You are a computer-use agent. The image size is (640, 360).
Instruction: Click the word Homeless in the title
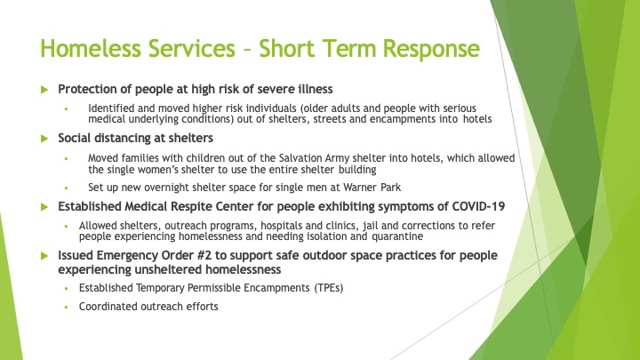coord(91,48)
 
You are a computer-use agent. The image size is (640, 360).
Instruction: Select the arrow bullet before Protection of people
coord(44,90)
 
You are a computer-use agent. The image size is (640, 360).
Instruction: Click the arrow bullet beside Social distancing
coord(44,139)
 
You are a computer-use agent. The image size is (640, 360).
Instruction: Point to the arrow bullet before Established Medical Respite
coord(44,207)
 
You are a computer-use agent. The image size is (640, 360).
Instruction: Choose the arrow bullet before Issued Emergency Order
coord(44,256)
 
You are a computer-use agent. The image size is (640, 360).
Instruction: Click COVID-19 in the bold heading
coord(478,206)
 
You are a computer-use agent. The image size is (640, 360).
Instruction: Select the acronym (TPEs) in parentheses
coord(329,288)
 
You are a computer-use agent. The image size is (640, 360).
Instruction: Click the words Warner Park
coord(372,188)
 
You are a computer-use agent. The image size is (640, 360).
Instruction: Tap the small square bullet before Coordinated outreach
coord(66,307)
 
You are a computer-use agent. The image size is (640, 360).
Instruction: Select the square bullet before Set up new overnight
coord(66,188)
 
